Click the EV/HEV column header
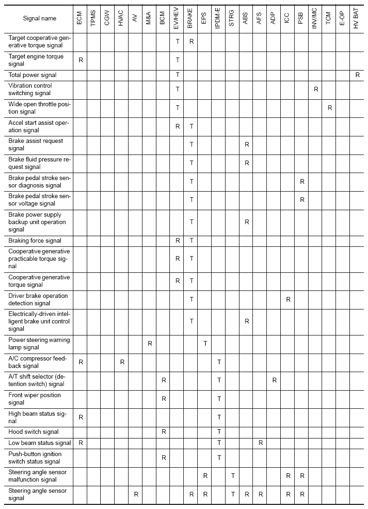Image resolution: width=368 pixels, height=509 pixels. point(177,19)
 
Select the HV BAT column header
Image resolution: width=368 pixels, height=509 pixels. point(357,19)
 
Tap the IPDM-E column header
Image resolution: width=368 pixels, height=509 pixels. point(219,19)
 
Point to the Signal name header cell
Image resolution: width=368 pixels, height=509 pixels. point(40,19)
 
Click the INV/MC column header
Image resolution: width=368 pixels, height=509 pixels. point(316,19)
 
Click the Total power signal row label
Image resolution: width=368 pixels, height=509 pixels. point(32,75)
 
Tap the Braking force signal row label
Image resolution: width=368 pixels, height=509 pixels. point(35,240)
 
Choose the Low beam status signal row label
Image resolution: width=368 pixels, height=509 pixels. point(40,443)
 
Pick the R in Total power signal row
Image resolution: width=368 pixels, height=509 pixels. point(357,75)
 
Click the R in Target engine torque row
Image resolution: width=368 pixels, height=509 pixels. point(81,60)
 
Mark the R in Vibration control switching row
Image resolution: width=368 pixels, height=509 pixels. point(316,89)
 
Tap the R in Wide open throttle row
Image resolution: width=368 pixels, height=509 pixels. point(330,108)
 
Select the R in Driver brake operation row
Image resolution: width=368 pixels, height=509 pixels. point(288,299)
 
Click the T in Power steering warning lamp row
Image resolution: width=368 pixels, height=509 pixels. point(205,343)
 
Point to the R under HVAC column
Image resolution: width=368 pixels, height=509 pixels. point(122,362)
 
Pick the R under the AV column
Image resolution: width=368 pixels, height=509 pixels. point(136,495)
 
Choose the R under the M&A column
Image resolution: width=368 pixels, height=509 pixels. point(150,343)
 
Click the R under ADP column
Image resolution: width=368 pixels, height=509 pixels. point(274,380)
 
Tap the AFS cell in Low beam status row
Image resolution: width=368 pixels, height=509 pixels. point(261,443)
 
